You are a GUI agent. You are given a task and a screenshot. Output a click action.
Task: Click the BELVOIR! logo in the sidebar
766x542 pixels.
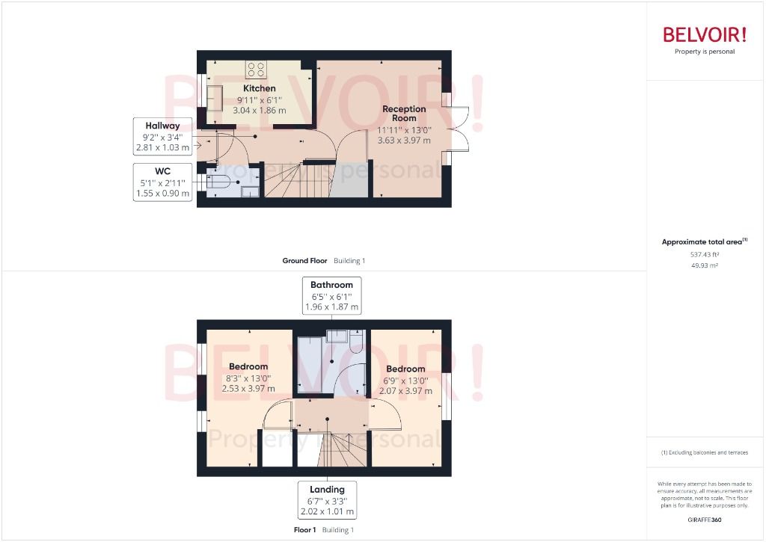coord(704,34)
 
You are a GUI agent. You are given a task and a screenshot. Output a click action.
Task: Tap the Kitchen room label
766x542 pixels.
coord(259,88)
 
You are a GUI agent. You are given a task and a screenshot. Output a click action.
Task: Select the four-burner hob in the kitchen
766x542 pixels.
coord(257,70)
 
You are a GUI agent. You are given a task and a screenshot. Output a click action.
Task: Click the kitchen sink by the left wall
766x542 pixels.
coord(213,98)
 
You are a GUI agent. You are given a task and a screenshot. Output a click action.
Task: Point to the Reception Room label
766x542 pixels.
coord(404,114)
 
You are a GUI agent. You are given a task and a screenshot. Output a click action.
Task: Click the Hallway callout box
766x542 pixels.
coord(162,136)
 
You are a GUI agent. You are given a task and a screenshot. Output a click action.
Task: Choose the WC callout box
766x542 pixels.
coord(162,182)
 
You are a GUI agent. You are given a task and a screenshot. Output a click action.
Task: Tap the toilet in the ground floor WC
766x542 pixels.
coord(220,182)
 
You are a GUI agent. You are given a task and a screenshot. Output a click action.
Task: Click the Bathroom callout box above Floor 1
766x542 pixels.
coord(331,295)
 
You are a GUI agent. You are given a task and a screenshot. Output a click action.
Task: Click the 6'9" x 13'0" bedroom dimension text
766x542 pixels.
coord(405,380)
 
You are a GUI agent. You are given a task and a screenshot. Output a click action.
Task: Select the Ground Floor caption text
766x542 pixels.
coord(304,261)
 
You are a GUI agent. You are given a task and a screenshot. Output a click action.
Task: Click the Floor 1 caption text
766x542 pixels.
coord(306,530)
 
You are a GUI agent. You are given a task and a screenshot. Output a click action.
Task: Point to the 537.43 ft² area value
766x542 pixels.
coord(704,255)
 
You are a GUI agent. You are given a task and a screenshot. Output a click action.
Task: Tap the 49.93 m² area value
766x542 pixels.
coord(704,265)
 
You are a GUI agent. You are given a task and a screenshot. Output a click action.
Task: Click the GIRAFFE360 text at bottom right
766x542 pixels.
coord(704,520)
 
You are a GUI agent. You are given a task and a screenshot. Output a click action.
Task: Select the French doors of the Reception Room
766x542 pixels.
coord(456,131)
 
